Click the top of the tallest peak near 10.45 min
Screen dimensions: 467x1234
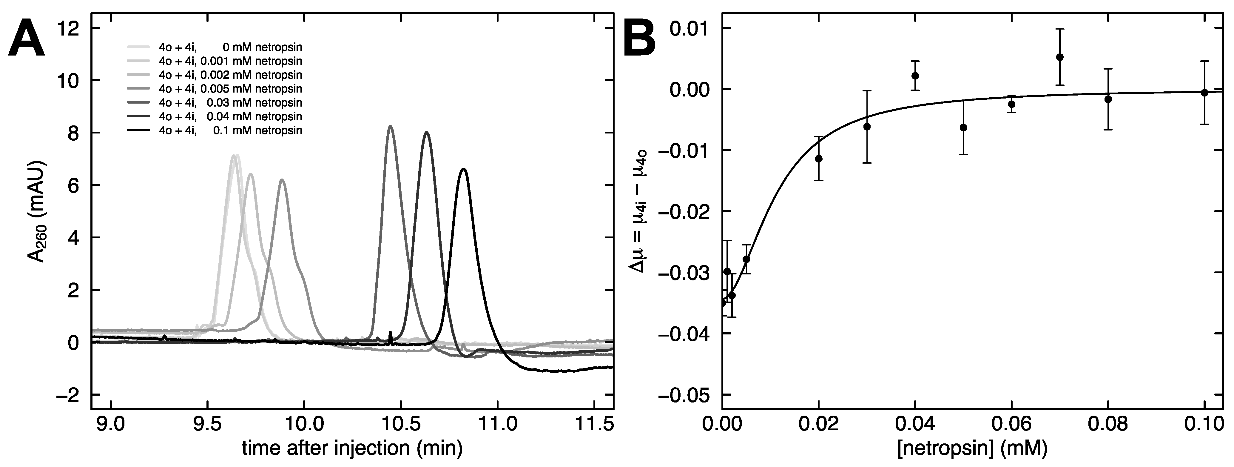click(391, 127)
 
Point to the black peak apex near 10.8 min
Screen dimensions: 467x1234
click(463, 169)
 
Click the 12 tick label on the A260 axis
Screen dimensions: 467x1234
click(67, 28)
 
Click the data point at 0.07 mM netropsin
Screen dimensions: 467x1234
click(1060, 57)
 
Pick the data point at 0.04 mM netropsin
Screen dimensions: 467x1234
click(915, 76)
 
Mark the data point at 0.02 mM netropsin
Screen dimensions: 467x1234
click(819, 159)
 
